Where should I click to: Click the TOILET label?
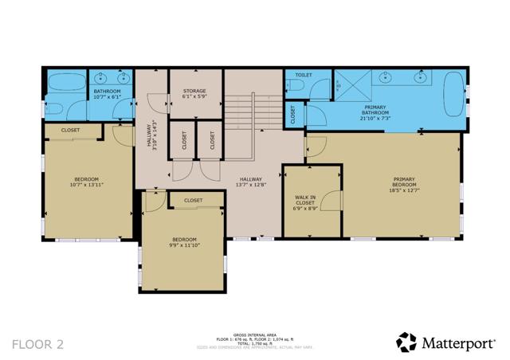pos(304,75)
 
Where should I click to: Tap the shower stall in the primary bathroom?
pos(350,86)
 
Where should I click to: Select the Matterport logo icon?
pos(406,342)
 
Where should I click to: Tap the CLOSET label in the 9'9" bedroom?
pos(193,201)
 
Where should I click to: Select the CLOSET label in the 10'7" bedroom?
pos(70,130)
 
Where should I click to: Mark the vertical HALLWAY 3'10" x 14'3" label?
pos(151,134)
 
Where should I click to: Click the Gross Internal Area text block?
pos(254,340)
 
